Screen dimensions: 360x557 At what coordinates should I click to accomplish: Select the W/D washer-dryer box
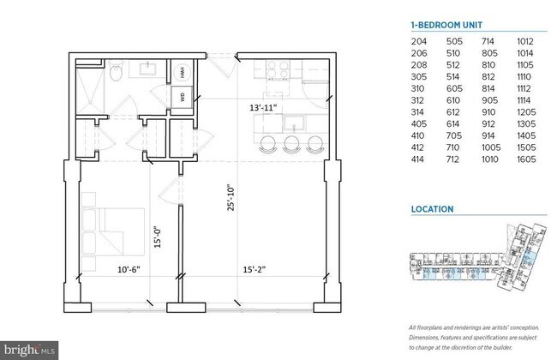183,96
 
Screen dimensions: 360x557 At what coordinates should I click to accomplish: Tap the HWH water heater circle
183,74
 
